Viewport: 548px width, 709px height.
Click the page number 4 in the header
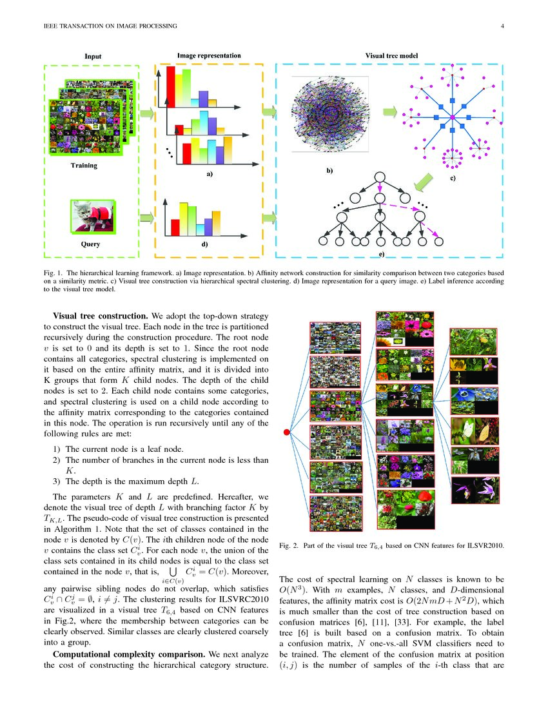[x=501, y=26]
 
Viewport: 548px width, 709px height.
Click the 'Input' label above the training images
[x=93, y=57]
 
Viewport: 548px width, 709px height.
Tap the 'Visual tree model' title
[x=392, y=56]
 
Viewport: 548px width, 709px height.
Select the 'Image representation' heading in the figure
[x=209, y=56]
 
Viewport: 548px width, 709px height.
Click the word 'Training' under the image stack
[x=84, y=166]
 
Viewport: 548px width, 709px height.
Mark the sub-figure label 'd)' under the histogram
[x=204, y=245]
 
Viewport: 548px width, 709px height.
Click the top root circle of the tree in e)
[x=379, y=179]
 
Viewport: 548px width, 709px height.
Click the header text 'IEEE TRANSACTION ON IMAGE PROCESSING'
[x=104, y=26]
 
